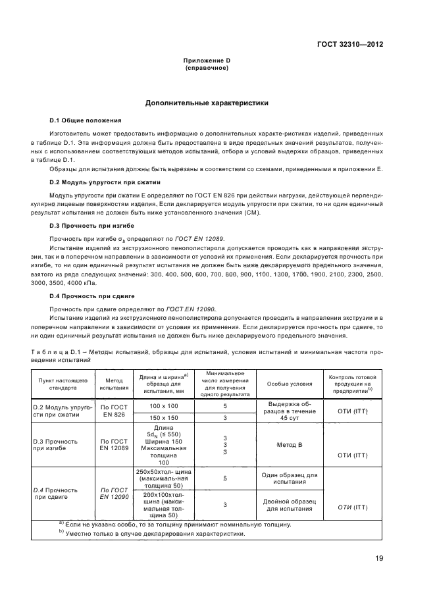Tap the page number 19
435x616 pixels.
pos(379,558)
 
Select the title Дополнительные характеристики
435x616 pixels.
pos(206,103)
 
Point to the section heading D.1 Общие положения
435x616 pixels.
pos(86,120)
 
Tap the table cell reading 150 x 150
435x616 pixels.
pos(164,417)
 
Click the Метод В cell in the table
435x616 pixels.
pos(289,445)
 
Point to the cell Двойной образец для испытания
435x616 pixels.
pos(289,505)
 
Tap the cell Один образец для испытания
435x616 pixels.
pos(289,478)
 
